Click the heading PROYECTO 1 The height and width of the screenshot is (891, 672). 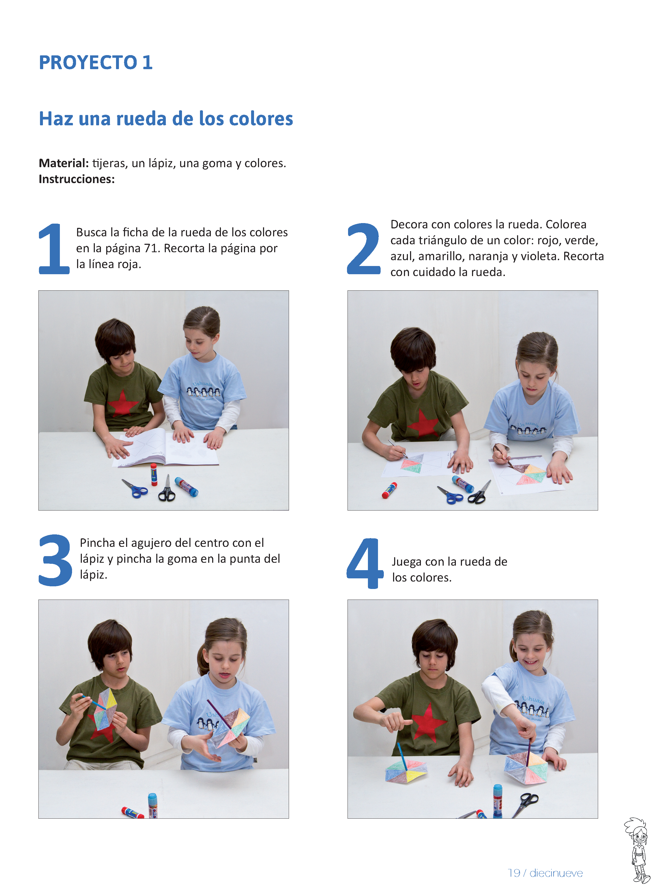click(x=96, y=63)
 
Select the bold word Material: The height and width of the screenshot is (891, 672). click(x=64, y=163)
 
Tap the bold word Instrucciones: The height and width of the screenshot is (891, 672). click(x=77, y=179)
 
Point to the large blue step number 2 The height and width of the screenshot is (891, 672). click(x=364, y=249)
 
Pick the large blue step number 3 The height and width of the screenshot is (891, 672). click(x=55, y=560)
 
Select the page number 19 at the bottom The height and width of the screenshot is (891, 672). click(x=514, y=873)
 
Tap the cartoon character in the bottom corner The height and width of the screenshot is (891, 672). click(x=637, y=850)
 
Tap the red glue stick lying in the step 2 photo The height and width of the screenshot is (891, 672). click(x=389, y=490)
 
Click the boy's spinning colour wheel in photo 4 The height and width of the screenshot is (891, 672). click(x=406, y=770)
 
